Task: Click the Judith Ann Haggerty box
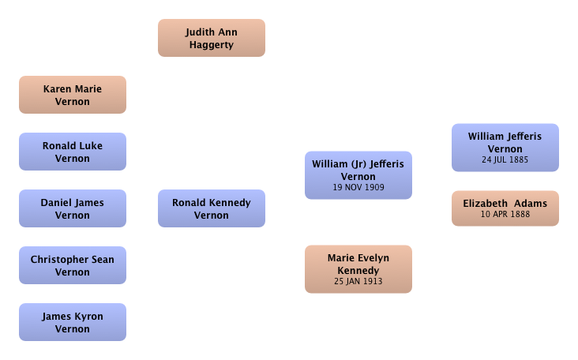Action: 212,38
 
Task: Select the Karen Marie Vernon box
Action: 73,95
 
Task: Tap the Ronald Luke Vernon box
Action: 73,152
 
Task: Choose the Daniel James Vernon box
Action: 73,208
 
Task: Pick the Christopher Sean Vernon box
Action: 73,265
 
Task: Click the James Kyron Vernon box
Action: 73,322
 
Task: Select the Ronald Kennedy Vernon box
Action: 212,208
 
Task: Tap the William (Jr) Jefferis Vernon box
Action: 358,175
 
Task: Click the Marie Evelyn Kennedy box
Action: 358,269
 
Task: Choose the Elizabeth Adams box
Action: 505,208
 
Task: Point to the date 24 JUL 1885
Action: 505,159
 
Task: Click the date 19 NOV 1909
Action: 358,187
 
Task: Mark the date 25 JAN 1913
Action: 358,281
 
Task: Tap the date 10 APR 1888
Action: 505,214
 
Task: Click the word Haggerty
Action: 212,45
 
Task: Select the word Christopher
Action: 59,260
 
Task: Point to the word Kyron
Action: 89,317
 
